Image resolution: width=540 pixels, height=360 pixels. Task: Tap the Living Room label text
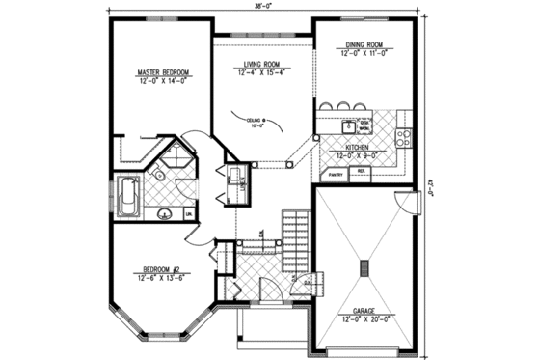pos(261,64)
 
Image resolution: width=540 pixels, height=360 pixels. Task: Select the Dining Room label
pos(364,45)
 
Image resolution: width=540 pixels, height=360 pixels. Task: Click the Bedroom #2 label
pos(162,270)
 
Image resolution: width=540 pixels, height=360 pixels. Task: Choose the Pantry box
pos(337,175)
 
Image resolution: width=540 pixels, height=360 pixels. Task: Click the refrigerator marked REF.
pos(362,172)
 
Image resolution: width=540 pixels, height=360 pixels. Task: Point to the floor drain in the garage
pos(364,267)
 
